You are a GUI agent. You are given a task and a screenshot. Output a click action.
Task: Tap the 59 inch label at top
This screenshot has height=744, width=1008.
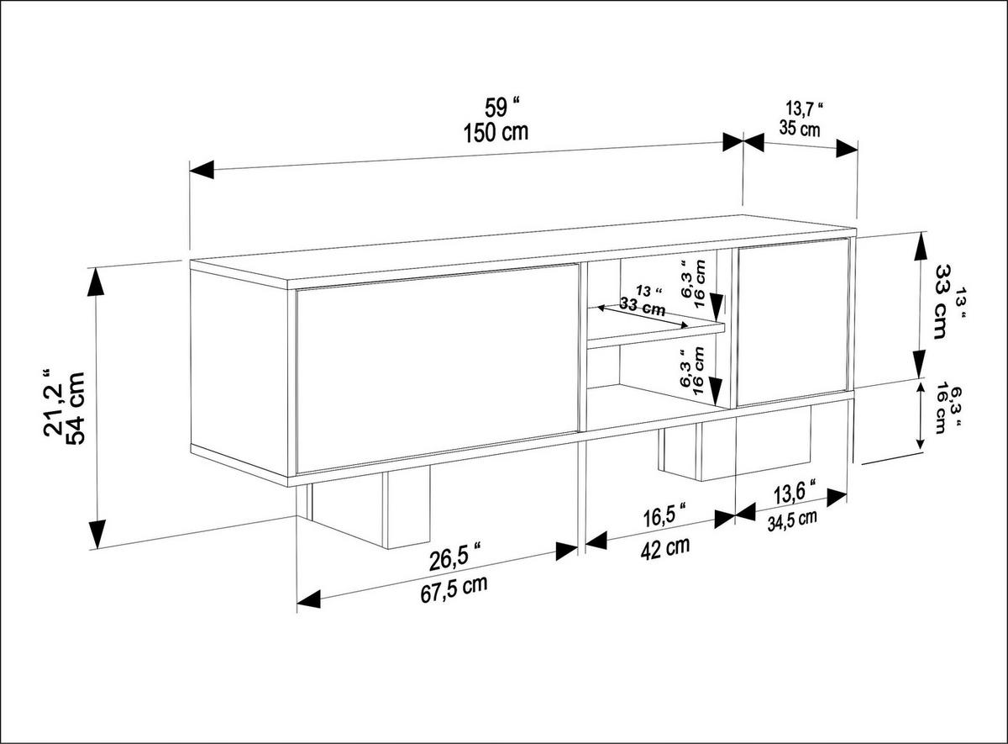(502, 108)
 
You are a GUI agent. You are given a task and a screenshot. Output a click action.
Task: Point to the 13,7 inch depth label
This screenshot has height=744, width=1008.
(804, 108)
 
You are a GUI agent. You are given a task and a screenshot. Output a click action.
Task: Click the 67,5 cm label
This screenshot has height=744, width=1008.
(454, 586)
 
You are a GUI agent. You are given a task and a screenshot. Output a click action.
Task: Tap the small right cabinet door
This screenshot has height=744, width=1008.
(792, 322)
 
